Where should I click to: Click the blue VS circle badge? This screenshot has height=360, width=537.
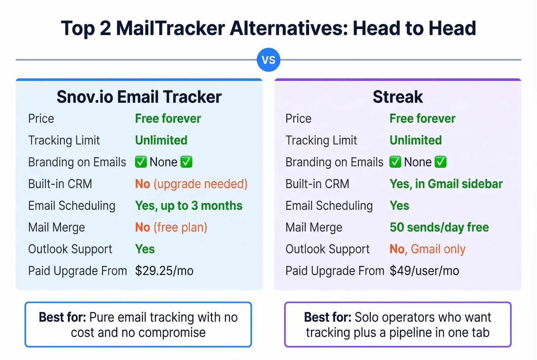pyautogui.click(x=268, y=60)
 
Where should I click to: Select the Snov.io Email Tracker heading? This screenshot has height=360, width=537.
pyautogui.click(x=139, y=97)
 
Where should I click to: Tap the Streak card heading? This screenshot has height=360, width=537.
pyautogui.click(x=398, y=97)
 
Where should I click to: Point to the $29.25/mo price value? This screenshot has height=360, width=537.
pyautogui.click(x=164, y=271)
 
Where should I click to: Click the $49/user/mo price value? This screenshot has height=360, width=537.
pyautogui.click(x=424, y=271)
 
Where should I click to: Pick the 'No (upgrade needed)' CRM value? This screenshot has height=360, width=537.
pyautogui.click(x=191, y=184)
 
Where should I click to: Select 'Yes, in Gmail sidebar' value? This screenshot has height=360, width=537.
pyautogui.click(x=446, y=184)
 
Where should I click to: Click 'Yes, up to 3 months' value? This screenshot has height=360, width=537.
pyautogui.click(x=189, y=206)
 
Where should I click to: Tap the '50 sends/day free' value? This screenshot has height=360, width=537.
pyautogui.click(x=439, y=227)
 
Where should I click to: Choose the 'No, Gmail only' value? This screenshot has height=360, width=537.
pyautogui.click(x=427, y=249)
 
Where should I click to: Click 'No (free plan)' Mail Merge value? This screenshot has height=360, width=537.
pyautogui.click(x=171, y=227)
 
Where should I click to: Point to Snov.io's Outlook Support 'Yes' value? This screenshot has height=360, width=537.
pyautogui.click(x=145, y=249)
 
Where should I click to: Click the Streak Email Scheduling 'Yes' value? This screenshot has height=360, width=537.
pyautogui.click(x=399, y=206)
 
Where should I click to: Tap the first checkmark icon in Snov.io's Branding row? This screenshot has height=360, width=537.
pyautogui.click(x=141, y=162)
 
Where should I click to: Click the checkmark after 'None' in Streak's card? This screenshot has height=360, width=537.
pyautogui.click(x=440, y=162)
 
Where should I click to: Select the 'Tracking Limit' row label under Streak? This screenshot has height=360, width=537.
pyautogui.click(x=321, y=140)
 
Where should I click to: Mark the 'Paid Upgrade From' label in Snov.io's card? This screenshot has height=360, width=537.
pyautogui.click(x=77, y=271)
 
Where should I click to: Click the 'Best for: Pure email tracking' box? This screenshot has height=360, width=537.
pyautogui.click(x=138, y=324)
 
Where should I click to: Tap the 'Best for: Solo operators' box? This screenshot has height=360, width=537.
pyautogui.click(x=398, y=324)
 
